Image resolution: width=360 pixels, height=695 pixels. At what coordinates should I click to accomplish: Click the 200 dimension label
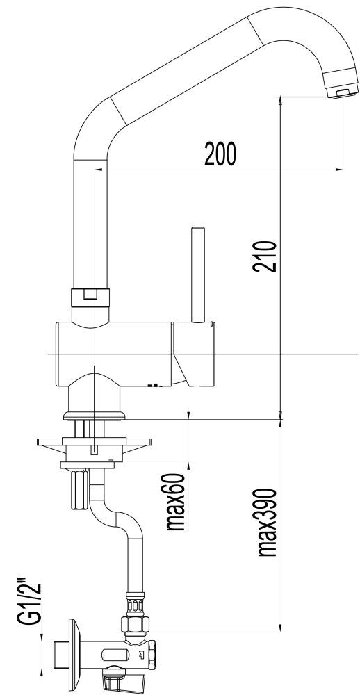pyautogui.click(x=220, y=154)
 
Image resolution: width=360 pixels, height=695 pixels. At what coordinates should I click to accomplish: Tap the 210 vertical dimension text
pyautogui.click(x=265, y=256)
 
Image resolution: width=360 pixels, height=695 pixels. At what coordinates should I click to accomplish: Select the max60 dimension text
pyautogui.click(x=174, y=502)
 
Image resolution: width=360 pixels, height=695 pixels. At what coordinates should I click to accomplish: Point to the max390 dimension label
pyautogui.click(x=268, y=522)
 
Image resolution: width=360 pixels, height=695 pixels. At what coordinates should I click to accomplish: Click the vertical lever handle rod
pyautogui.click(x=198, y=275)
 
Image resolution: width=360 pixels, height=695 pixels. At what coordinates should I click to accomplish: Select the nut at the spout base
pyautogui.click(x=90, y=297)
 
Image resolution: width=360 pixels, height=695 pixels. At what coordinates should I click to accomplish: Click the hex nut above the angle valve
pyautogui.click(x=135, y=625)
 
